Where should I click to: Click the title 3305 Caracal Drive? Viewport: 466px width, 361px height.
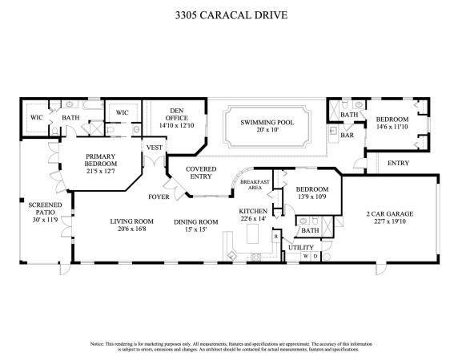pos(232,14)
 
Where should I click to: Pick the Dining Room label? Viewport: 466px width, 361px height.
pos(195,221)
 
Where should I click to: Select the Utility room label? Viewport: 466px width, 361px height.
pos(302,248)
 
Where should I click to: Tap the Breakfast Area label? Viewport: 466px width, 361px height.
pos(255,185)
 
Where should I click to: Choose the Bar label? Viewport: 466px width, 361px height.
pos(348,136)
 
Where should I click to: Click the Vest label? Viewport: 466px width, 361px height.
pos(155,148)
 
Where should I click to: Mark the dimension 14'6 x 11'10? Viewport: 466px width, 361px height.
pos(392,126)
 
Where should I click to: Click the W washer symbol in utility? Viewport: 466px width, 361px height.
pos(304,257)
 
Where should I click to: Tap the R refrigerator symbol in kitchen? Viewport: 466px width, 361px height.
pos(275,237)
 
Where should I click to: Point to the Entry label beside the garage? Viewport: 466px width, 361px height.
pos(398,163)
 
